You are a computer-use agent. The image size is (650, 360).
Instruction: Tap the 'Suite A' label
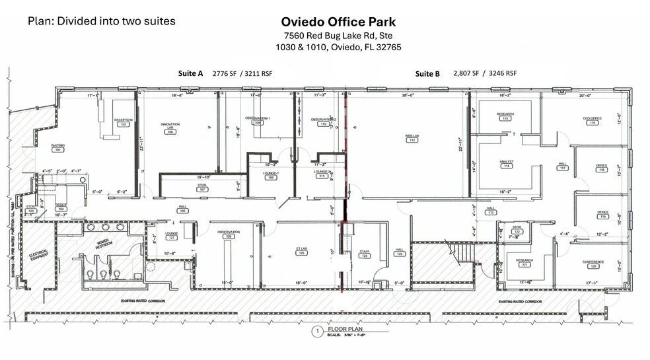(x=191, y=73)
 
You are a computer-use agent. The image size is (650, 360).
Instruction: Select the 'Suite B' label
(x=427, y=73)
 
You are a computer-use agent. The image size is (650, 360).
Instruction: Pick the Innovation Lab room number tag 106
(x=170, y=132)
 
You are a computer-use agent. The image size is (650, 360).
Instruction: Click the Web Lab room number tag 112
(x=412, y=140)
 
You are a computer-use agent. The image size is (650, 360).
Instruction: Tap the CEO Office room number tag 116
(x=593, y=123)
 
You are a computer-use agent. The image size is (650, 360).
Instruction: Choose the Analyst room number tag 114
(x=507, y=166)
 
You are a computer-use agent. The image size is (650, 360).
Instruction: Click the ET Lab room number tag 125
(x=301, y=253)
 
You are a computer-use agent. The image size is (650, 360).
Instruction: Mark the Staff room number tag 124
(x=363, y=256)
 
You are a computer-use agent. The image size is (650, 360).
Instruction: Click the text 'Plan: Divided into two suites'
(x=101, y=21)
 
